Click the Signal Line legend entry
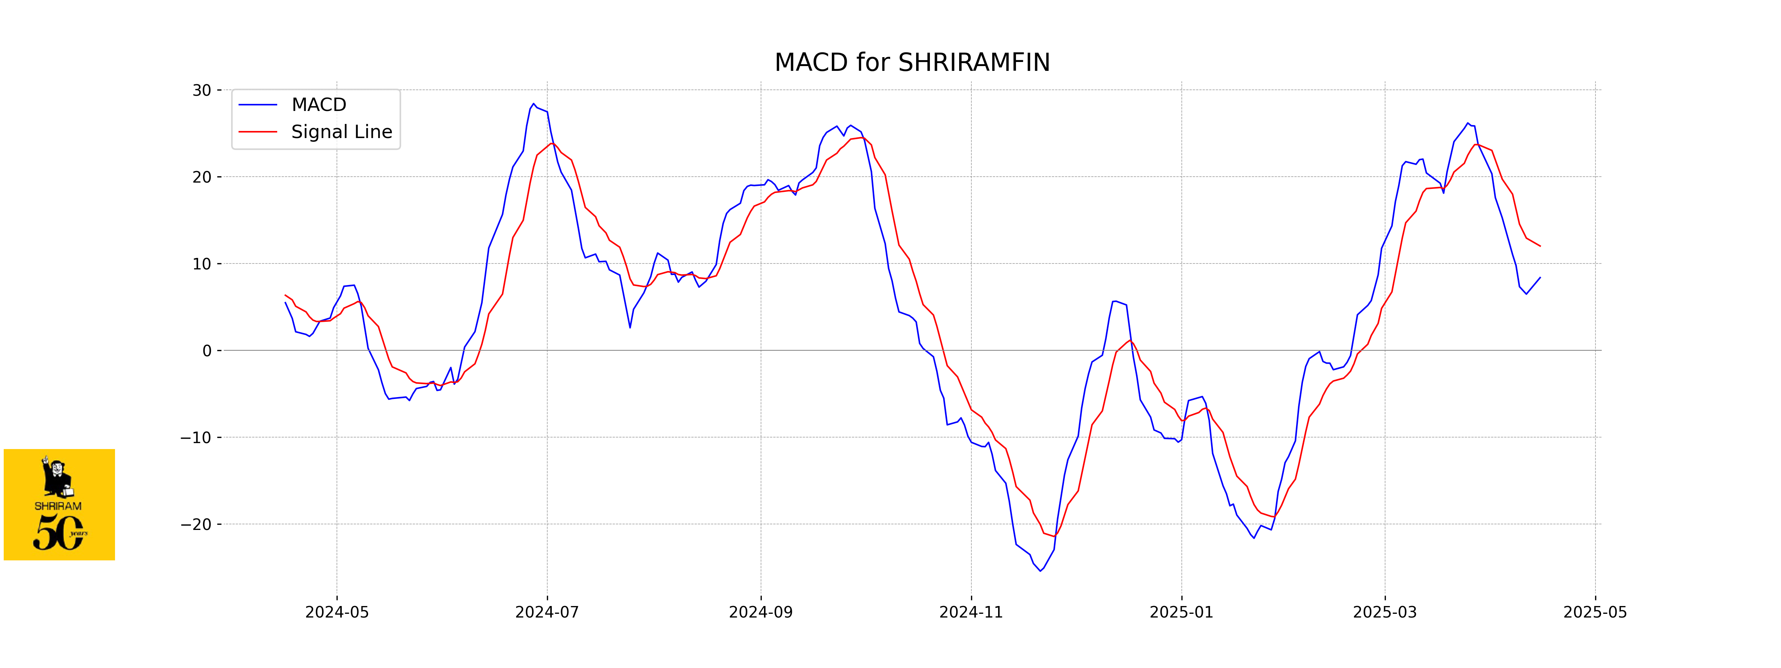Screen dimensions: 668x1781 coord(341,132)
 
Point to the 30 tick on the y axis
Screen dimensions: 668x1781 coord(202,91)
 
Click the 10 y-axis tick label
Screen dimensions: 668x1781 coord(202,264)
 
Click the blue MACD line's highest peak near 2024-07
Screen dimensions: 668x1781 coord(533,104)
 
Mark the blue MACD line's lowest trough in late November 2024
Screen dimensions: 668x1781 coord(1040,570)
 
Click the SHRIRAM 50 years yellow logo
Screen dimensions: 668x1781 coord(59,504)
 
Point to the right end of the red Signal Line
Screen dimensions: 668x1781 coord(1540,246)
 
